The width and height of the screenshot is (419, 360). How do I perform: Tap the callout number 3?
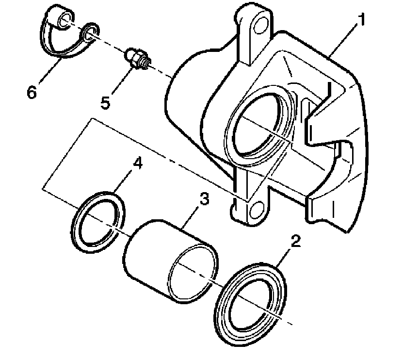click(x=205, y=199)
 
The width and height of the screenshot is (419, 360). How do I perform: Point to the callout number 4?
click(x=138, y=164)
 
